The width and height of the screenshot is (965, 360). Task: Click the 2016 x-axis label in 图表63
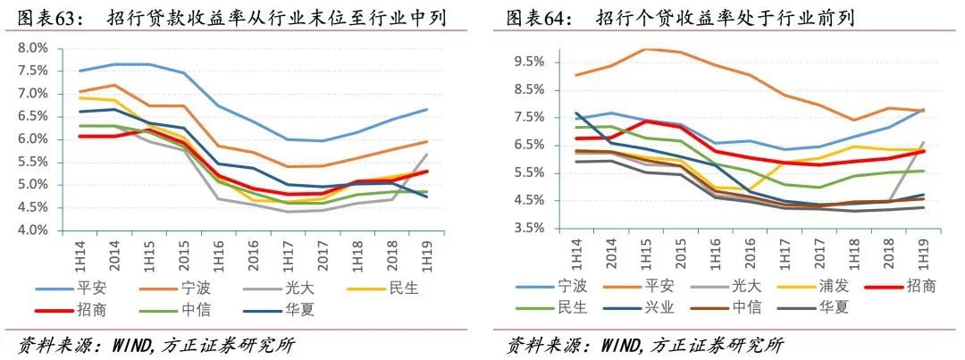(253, 252)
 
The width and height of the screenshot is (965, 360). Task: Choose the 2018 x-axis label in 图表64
(885, 254)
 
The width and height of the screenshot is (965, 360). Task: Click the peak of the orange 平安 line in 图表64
(646, 49)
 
